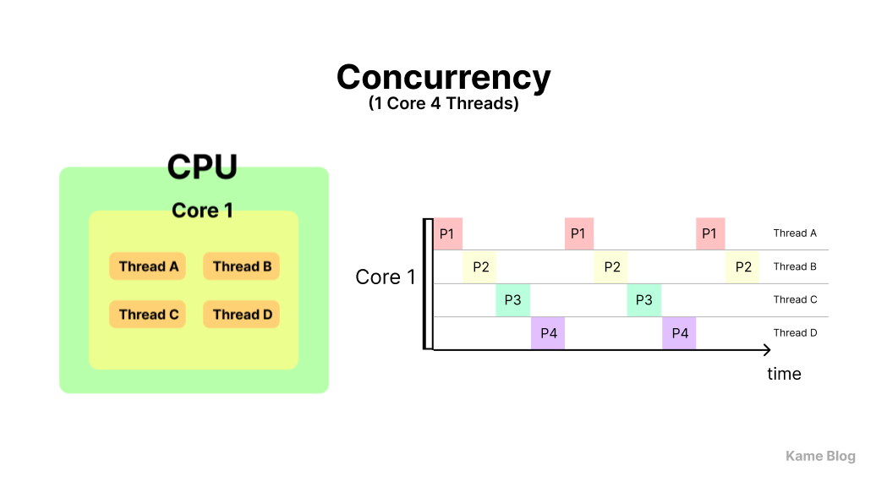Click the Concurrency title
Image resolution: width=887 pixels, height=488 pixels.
pos(443,77)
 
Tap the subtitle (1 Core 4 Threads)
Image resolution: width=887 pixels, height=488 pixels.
pos(443,105)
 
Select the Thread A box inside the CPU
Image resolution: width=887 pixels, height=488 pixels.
pos(148,266)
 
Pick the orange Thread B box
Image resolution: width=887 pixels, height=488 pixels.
pos(242,266)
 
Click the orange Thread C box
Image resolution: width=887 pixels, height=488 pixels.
pos(148,315)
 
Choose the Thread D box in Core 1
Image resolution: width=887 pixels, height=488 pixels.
pos(242,315)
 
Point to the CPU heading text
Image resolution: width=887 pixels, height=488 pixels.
pos(202,167)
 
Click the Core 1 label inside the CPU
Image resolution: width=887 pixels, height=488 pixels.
pos(202,210)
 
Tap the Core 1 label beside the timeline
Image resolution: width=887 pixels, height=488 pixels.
pos(386,277)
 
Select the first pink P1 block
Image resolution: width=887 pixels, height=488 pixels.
pos(447,233)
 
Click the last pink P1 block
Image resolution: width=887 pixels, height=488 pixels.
pos(710,233)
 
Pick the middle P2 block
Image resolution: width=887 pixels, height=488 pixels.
pos(611,267)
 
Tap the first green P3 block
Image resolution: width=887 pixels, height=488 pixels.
pos(512,300)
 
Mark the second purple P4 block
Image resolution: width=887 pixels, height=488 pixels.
pos(679,333)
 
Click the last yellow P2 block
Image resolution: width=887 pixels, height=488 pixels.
pos(742,267)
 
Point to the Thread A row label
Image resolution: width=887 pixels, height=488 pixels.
pos(795,233)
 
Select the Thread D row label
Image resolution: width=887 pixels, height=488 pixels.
pos(795,333)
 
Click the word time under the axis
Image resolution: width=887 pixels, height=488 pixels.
pos(784,374)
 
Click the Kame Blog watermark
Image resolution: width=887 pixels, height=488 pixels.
pos(820,457)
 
